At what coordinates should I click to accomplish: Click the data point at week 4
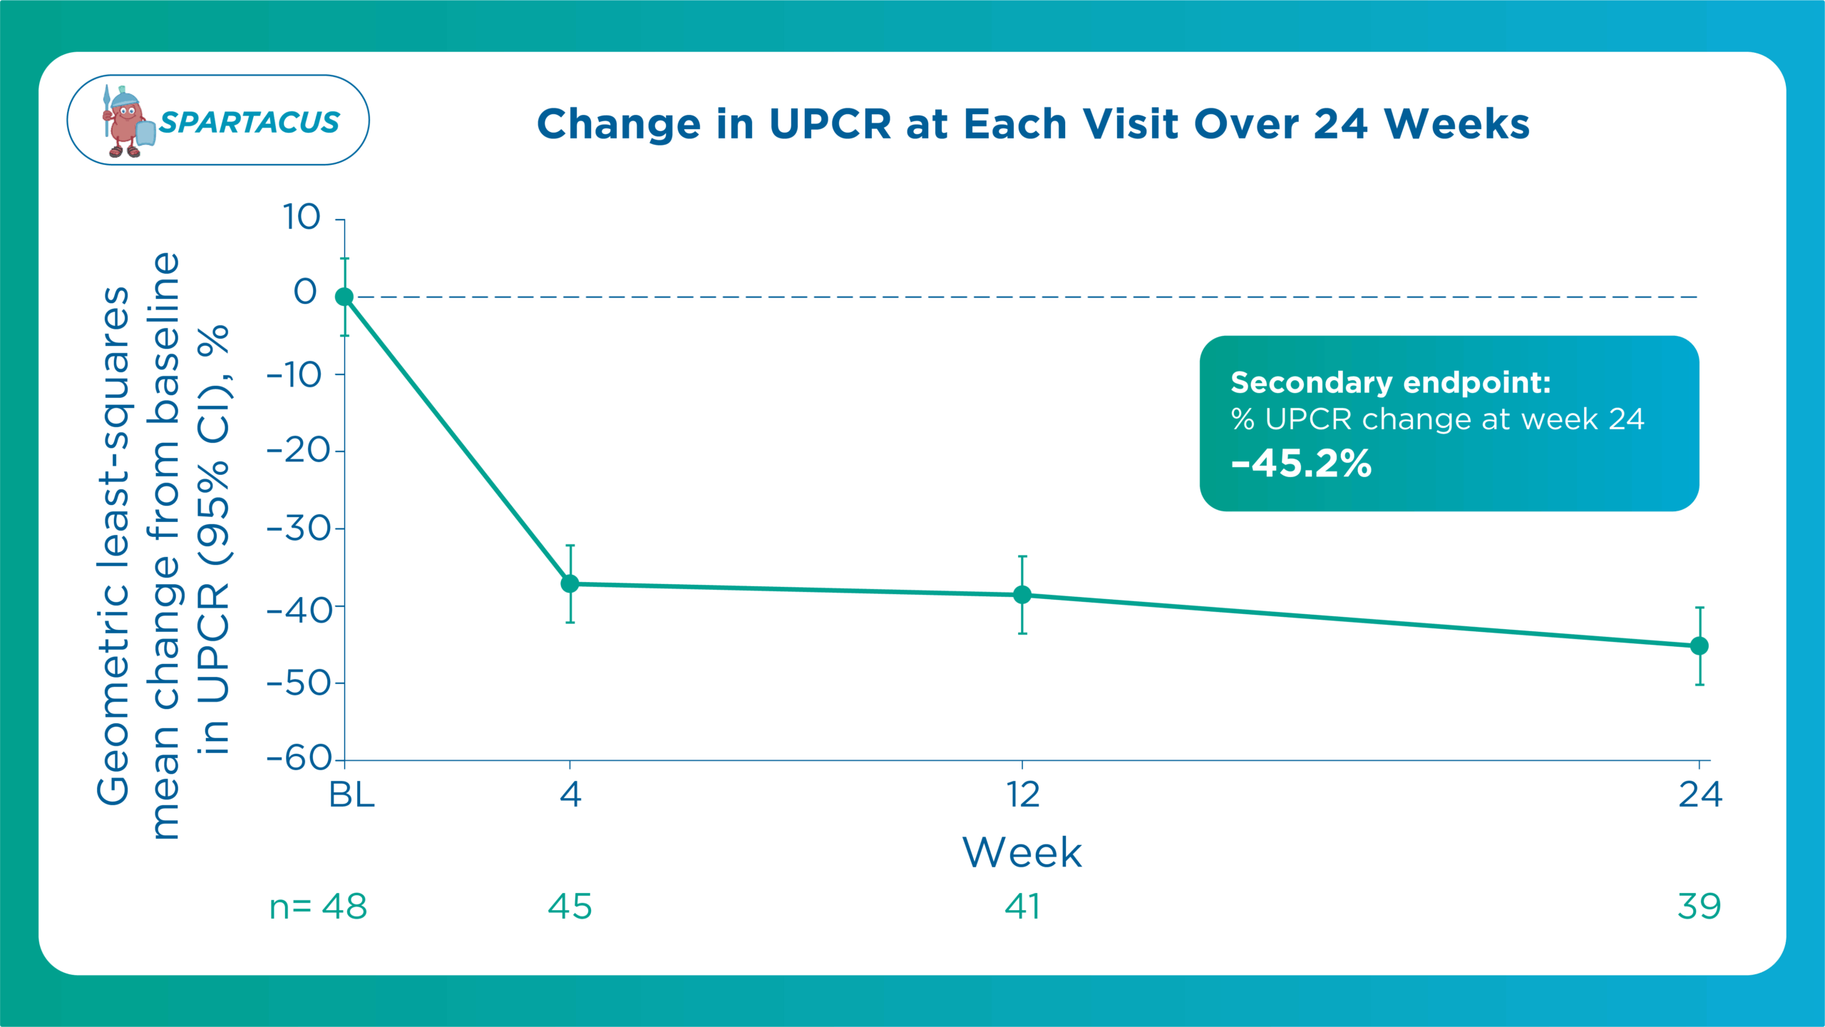coord(570,583)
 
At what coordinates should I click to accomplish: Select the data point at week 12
coord(1022,594)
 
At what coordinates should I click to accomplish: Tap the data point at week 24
coord(1700,645)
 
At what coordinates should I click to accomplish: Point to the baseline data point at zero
coord(344,297)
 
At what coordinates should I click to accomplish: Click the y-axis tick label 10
coord(302,217)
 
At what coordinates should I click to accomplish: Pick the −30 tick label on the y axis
coord(299,528)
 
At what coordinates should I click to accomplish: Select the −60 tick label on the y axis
coord(299,758)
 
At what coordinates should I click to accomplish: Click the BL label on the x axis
coord(351,794)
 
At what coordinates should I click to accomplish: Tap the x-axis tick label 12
coord(1022,794)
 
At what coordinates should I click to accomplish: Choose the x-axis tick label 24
coord(1700,794)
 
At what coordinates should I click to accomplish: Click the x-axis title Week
coord(1022,852)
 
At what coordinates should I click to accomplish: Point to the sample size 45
coord(570,906)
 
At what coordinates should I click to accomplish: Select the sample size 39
coord(1700,906)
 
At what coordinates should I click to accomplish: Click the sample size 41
coord(1022,906)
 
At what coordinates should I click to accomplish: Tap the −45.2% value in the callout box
coord(1301,464)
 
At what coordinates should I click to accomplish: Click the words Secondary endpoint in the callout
coord(1390,383)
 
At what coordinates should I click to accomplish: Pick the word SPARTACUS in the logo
coord(250,123)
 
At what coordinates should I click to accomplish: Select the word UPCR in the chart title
coord(830,124)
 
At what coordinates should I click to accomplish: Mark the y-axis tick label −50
coord(299,683)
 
